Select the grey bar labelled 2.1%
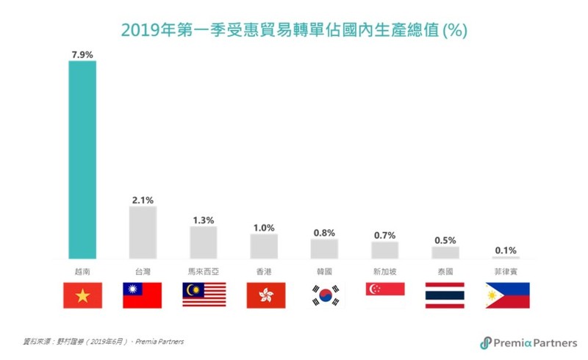click(x=143, y=232)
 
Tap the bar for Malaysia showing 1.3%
click(x=204, y=242)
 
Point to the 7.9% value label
click(x=82, y=54)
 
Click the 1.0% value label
click(x=264, y=228)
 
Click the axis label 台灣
click(x=143, y=271)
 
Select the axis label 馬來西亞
click(x=204, y=271)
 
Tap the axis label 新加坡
click(x=385, y=271)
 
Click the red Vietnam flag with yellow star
click(x=82, y=295)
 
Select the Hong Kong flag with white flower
click(x=264, y=295)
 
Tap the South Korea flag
click(x=324, y=295)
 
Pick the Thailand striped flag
click(x=445, y=295)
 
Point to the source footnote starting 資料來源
click(x=103, y=342)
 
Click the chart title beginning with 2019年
click(x=294, y=30)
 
